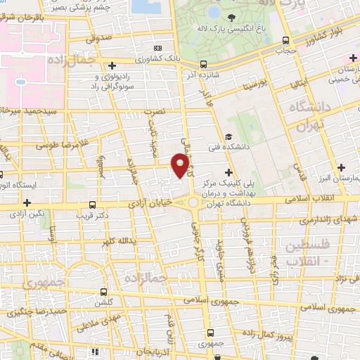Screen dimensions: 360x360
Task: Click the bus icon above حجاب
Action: (x=285, y=40)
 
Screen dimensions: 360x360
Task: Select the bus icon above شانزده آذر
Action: (x=203, y=63)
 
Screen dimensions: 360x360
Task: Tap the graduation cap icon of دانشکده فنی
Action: (x=228, y=137)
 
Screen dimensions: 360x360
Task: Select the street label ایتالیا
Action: (x=295, y=87)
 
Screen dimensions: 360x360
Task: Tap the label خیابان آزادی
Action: (x=149, y=202)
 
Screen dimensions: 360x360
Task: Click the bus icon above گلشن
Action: (x=103, y=292)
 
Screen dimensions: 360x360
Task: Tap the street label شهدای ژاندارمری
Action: (x=328, y=221)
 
